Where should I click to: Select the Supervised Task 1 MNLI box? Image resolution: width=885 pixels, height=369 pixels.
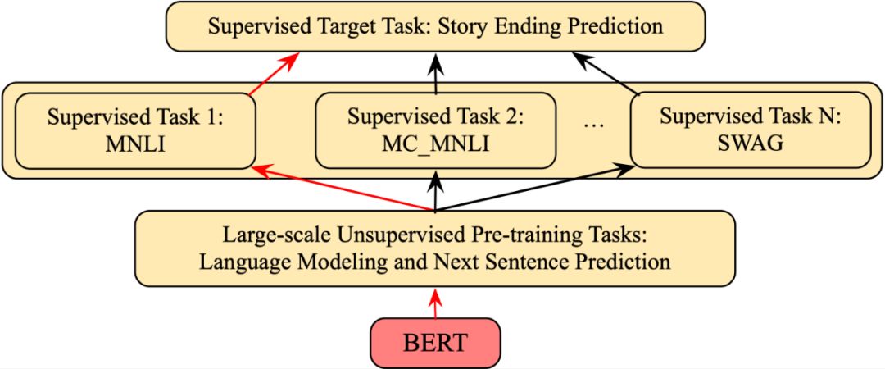pos(135,130)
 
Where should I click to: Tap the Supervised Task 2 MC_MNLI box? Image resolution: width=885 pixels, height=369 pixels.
pos(435,130)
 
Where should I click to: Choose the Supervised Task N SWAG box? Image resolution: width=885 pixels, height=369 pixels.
pos(749,129)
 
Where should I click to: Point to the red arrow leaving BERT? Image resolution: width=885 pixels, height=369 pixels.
pos(436,303)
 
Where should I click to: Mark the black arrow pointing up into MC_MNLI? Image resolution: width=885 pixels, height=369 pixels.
pos(435,190)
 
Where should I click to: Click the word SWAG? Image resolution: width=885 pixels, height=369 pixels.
pos(749,143)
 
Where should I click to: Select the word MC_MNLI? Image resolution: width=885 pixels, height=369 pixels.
pos(435,143)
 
